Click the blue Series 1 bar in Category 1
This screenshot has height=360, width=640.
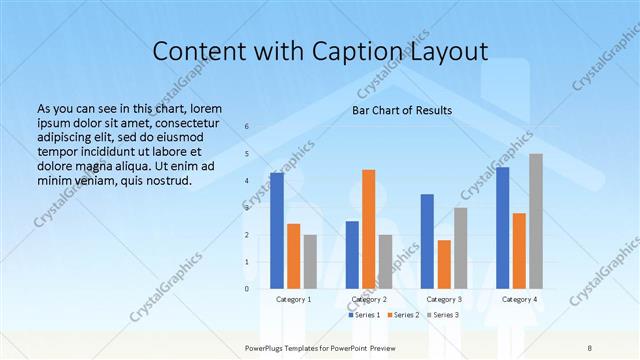click(x=276, y=231)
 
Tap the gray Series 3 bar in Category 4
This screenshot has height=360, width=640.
click(x=536, y=221)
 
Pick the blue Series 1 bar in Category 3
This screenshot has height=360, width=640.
click(x=427, y=241)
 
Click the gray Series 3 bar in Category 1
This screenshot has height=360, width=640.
click(x=310, y=262)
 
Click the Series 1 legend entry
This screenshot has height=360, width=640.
click(x=364, y=315)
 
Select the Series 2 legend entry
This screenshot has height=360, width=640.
click(x=402, y=315)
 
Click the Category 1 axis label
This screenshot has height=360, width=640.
click(x=293, y=299)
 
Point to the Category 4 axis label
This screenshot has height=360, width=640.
click(x=519, y=299)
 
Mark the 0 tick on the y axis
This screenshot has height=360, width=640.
click(x=247, y=289)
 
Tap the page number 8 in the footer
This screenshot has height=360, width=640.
click(x=590, y=347)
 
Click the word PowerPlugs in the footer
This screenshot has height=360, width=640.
click(x=267, y=347)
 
